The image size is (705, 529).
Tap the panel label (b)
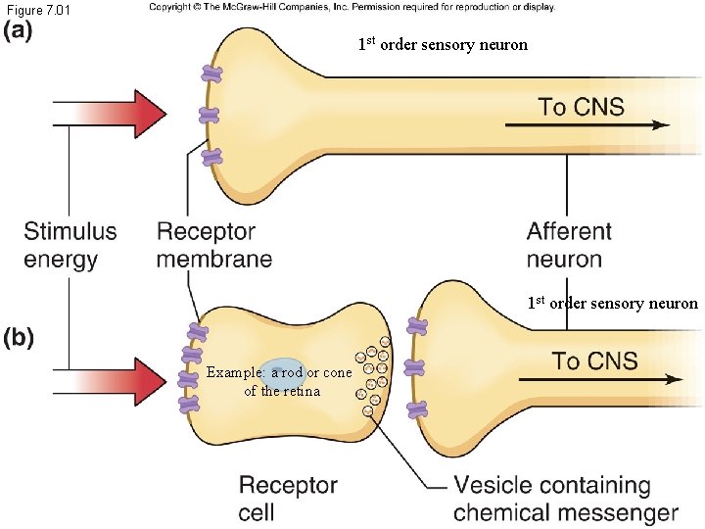[x=20, y=338]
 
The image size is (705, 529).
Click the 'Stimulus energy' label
[x=70, y=245]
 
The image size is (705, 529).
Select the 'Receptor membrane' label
[x=213, y=245]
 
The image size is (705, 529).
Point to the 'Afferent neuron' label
[x=569, y=245]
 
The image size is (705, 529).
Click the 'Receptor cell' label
[x=288, y=499]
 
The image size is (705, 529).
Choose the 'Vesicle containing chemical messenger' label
[x=565, y=499]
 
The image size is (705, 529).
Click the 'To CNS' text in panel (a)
[x=581, y=106]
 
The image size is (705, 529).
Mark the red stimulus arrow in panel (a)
[x=118, y=115]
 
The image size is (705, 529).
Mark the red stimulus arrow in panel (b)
[x=118, y=379]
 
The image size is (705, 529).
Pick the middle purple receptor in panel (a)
[x=210, y=115]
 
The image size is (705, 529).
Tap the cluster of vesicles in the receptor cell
[x=372, y=377]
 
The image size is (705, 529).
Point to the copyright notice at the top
[x=352, y=7]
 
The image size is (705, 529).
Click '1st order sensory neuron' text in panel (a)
[x=443, y=44]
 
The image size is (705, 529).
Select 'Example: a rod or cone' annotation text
[x=279, y=373]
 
